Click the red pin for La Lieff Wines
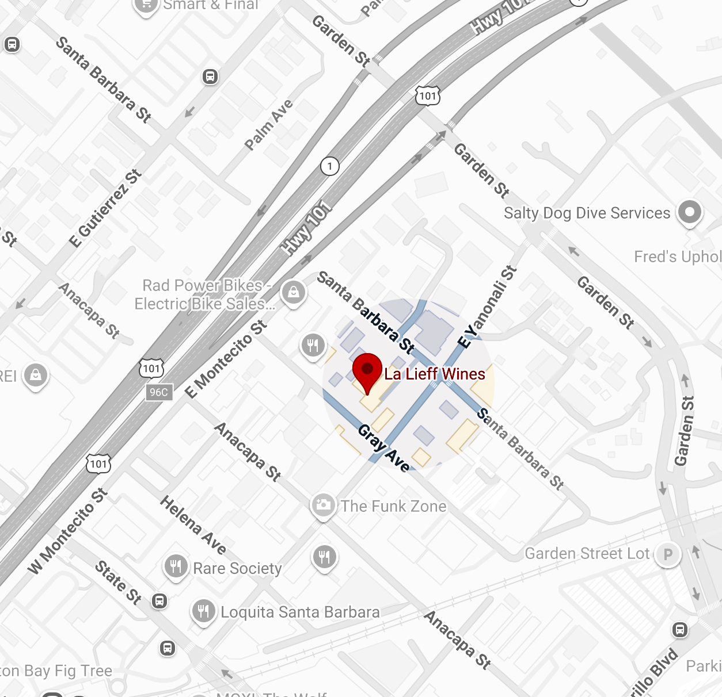pos(367,371)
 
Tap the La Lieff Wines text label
pos(435,374)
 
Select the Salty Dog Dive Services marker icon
pos(689,212)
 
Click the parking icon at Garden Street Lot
pos(668,555)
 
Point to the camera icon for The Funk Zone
pos(323,505)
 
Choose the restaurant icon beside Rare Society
pos(176,566)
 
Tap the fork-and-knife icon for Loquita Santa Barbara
pos(203,611)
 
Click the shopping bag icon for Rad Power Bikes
pos(294,292)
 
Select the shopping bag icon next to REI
pos(36,376)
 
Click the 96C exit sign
pos(159,392)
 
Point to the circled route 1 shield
pos(330,166)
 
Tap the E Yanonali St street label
pos(487,307)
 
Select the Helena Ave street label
pos(193,524)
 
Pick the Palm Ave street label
pos(269,125)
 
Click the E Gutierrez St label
pos(105,208)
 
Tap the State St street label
pos(119,582)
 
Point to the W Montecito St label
pos(68,531)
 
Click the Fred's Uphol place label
pos(677,256)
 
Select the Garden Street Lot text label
pos(587,554)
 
